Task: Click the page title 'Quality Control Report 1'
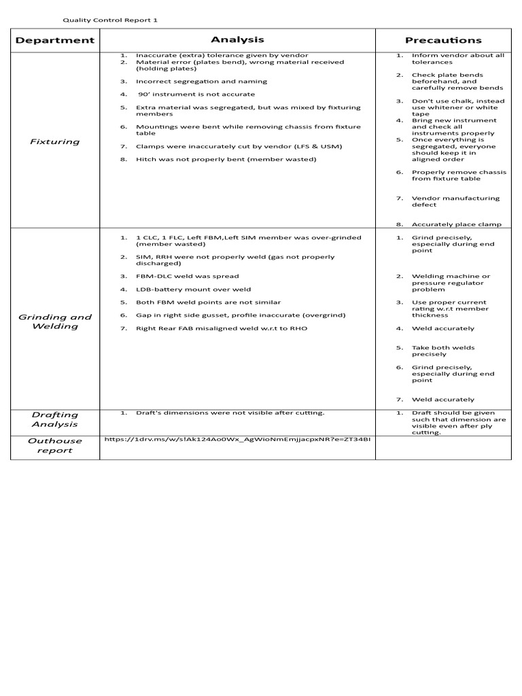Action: pyautogui.click(x=110, y=20)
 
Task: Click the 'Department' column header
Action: pyautogui.click(x=55, y=40)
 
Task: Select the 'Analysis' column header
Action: pyautogui.click(x=237, y=39)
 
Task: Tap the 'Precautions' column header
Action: pyautogui.click(x=443, y=40)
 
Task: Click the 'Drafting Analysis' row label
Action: pyautogui.click(x=55, y=419)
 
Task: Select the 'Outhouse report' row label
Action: pyautogui.click(x=55, y=445)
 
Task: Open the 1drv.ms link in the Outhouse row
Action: pyautogui.click(x=238, y=439)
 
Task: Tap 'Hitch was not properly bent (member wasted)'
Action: pyautogui.click(x=216, y=159)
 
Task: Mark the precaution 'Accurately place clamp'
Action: pyautogui.click(x=457, y=224)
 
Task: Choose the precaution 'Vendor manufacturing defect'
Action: pyautogui.click(x=455, y=201)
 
